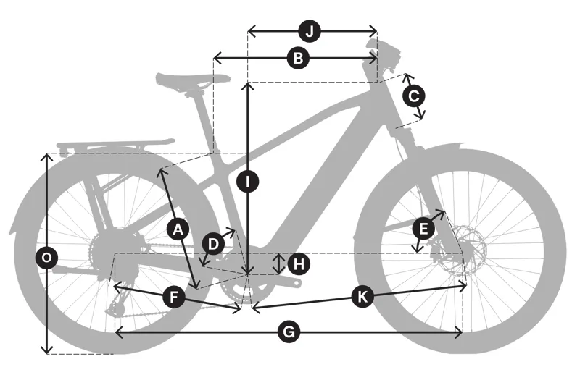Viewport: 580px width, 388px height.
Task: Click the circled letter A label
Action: [178, 229]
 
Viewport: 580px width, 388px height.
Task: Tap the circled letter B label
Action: [298, 58]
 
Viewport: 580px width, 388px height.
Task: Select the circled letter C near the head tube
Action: [414, 96]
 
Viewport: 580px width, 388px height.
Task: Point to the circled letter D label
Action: [213, 244]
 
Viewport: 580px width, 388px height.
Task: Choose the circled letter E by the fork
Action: [423, 229]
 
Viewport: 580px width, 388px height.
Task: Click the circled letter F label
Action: [174, 298]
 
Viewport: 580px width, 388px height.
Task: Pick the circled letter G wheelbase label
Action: [289, 332]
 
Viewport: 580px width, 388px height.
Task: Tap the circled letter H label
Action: [299, 264]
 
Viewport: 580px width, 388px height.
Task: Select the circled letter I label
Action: [248, 181]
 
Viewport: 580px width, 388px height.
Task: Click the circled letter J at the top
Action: [310, 31]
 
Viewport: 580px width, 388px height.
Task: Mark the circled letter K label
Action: [362, 297]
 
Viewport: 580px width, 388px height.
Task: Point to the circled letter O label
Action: [46, 257]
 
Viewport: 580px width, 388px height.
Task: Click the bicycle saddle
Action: [193, 80]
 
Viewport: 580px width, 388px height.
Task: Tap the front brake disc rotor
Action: [467, 250]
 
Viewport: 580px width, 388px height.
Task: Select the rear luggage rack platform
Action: [115, 145]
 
